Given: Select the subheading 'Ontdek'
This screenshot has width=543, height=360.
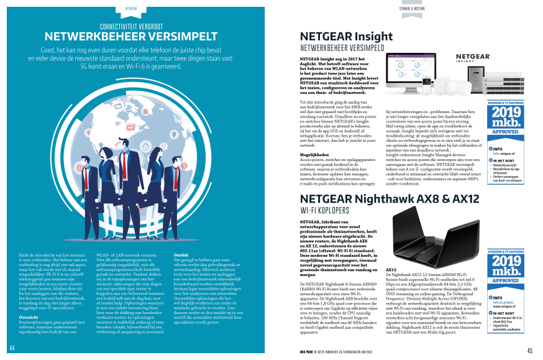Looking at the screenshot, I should coord(181,254).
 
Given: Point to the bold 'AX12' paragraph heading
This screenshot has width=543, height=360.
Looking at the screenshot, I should coord(391,269).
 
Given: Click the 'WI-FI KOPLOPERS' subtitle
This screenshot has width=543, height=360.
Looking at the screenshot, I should coord(330,211).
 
